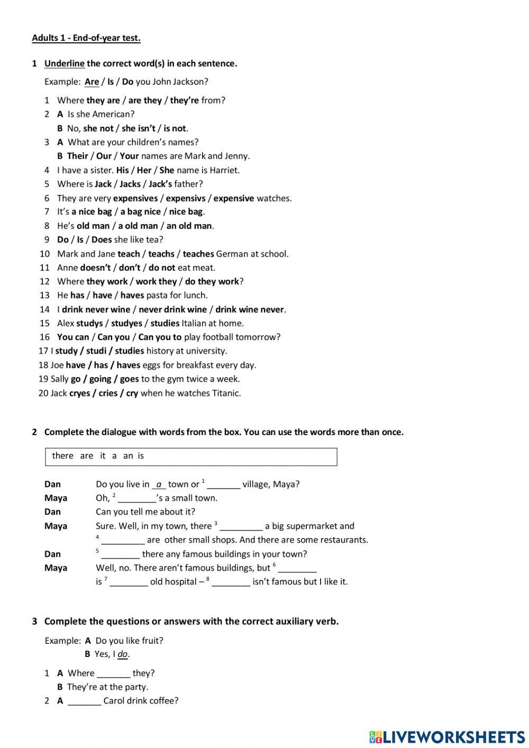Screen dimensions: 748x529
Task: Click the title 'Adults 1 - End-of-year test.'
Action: (x=86, y=38)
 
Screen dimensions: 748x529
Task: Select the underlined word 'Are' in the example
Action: (x=92, y=82)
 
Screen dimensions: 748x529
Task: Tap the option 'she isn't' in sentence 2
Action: (x=139, y=128)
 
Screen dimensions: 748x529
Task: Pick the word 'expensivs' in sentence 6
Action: (x=186, y=198)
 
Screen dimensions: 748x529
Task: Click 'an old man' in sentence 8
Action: (x=189, y=226)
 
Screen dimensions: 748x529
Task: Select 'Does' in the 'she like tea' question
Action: (x=102, y=239)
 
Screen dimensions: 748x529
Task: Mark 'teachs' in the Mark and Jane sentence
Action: (x=161, y=254)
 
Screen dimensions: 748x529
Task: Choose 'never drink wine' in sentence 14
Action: (x=172, y=309)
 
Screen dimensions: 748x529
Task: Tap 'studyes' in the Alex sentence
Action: (x=127, y=323)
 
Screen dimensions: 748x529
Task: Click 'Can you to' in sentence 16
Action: (x=160, y=337)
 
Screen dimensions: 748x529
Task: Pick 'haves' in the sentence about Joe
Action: (x=129, y=365)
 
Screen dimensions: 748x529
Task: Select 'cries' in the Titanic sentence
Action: (x=108, y=393)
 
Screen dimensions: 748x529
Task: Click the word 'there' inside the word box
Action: (x=62, y=456)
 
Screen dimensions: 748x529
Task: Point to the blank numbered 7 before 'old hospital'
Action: (x=129, y=582)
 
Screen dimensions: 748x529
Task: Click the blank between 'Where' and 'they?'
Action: (x=114, y=674)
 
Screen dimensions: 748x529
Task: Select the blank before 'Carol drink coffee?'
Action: (x=85, y=701)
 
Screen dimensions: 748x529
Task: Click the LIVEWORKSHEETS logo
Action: (x=447, y=736)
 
